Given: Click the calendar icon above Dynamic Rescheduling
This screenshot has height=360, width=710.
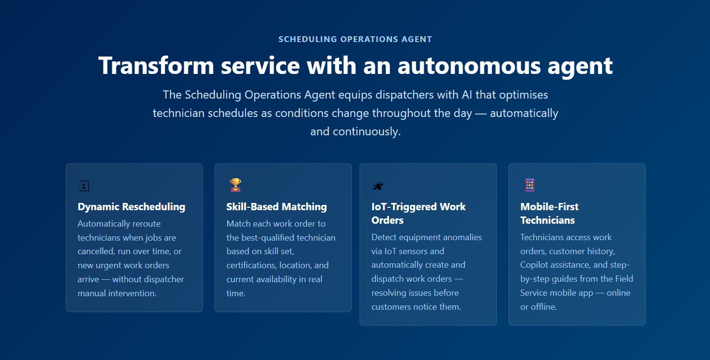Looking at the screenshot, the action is pyautogui.click(x=84, y=186).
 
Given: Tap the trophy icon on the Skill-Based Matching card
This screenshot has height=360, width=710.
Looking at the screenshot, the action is pyautogui.click(x=235, y=185).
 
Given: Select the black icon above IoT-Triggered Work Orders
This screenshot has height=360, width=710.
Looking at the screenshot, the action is pyautogui.click(x=378, y=186).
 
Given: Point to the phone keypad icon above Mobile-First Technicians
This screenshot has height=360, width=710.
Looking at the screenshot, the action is pyautogui.click(x=530, y=185).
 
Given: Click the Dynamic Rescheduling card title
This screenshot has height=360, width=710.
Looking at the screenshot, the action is pyautogui.click(x=131, y=207).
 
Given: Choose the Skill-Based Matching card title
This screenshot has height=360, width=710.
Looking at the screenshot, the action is pyautogui.click(x=276, y=207).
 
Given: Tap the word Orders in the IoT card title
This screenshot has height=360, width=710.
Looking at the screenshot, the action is pyautogui.click(x=387, y=220).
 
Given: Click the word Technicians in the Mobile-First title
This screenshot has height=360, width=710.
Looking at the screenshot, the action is pyautogui.click(x=548, y=220).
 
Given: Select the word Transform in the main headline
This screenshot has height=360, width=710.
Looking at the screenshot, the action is pyautogui.click(x=156, y=66).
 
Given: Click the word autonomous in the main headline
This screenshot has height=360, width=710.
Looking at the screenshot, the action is pyautogui.click(x=469, y=66).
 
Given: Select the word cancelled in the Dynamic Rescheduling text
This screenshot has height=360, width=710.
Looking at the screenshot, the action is pyautogui.click(x=96, y=251).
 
